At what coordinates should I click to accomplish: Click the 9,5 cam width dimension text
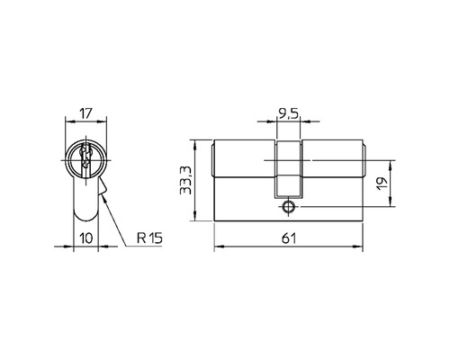(x=289, y=114)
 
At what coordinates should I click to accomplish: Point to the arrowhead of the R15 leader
(x=105, y=199)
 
